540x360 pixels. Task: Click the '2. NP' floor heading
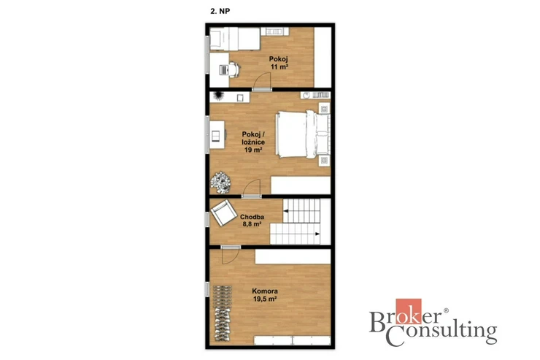(x=220, y=11)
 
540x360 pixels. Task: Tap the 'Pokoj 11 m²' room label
(x=279, y=63)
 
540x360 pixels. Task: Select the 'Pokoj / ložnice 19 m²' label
(x=253, y=142)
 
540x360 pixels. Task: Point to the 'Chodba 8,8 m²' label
(x=252, y=221)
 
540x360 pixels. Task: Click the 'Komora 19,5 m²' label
(x=265, y=295)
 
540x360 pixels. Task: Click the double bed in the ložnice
(x=303, y=134)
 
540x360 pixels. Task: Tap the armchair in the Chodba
(x=223, y=212)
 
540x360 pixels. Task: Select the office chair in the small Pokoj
(x=234, y=69)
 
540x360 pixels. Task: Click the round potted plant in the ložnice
(x=220, y=183)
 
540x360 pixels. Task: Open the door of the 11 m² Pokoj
(x=262, y=81)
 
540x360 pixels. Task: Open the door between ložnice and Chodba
(x=251, y=188)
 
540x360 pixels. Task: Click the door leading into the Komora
(x=231, y=256)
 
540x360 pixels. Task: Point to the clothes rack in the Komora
(x=222, y=313)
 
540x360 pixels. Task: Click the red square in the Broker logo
(x=409, y=311)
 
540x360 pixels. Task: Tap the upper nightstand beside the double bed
(x=324, y=110)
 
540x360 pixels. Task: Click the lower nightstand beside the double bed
(x=324, y=160)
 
